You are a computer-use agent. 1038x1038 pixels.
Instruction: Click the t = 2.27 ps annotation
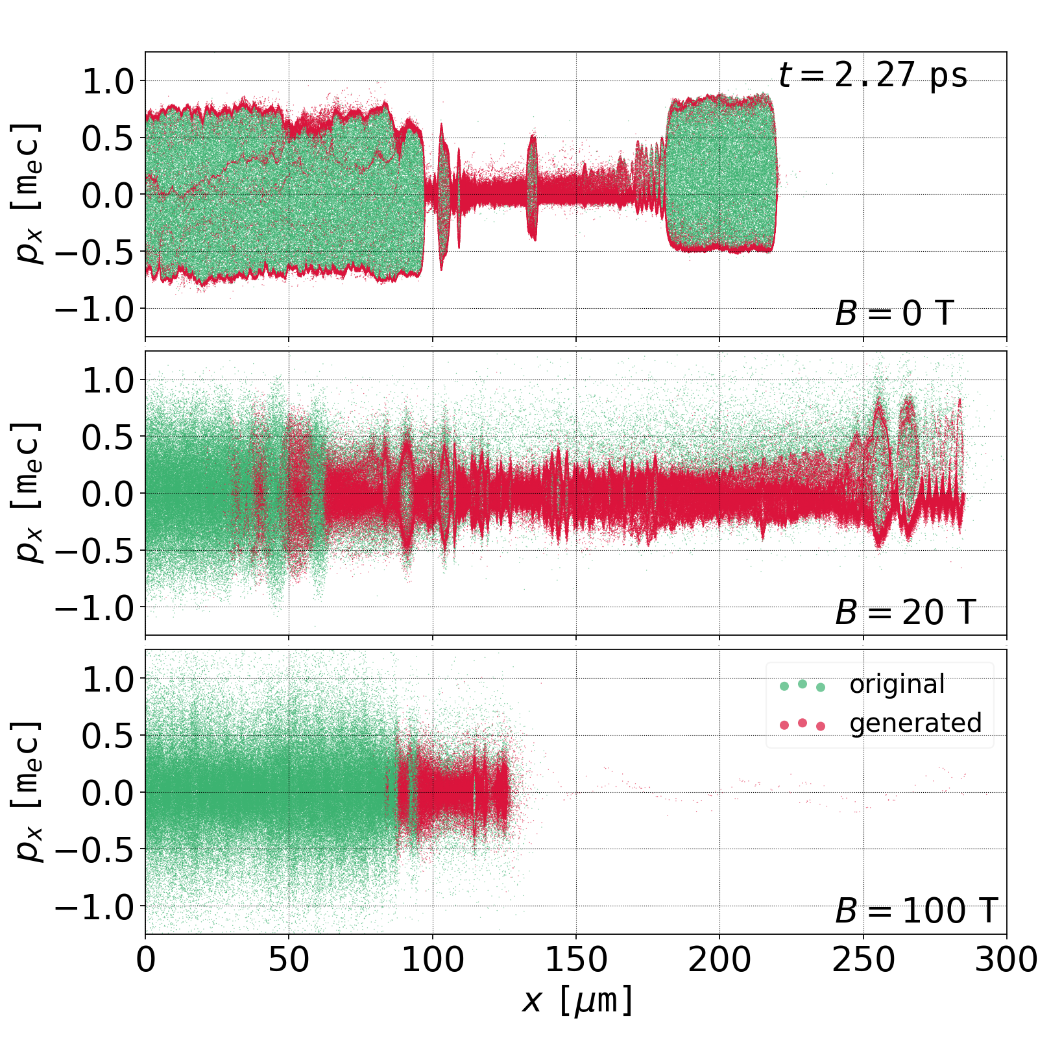(873, 75)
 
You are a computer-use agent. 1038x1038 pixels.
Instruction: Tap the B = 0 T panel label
(894, 314)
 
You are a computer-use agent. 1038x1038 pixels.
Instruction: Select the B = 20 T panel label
(905, 612)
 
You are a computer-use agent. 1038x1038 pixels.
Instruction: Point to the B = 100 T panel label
(916, 911)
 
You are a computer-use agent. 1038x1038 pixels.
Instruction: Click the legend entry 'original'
(897, 684)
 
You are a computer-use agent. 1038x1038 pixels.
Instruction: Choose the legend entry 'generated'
(915, 723)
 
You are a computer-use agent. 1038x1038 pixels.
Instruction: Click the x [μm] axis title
(576, 1000)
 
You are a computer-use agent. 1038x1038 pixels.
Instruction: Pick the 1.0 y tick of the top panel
(107, 82)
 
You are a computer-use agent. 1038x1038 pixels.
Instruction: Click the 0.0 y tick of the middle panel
(107, 494)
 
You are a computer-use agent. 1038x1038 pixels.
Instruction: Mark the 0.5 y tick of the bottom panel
(107, 736)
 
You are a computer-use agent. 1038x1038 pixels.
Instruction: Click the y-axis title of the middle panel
(27, 493)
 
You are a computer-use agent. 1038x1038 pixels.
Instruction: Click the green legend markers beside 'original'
(803, 686)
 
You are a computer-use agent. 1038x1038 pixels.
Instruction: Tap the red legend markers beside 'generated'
(803, 724)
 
